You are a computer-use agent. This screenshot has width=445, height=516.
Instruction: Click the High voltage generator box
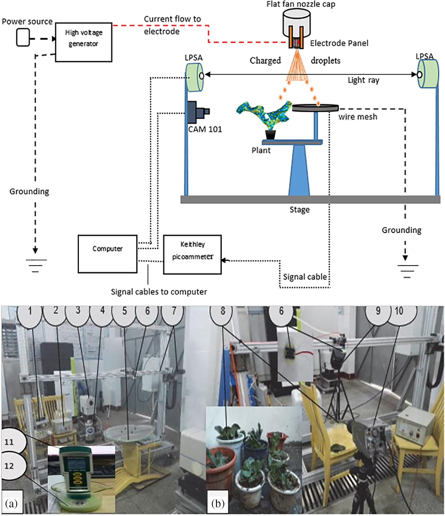click(84, 42)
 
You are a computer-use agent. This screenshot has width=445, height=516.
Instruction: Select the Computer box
click(108, 254)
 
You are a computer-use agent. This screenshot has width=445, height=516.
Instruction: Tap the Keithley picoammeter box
click(192, 254)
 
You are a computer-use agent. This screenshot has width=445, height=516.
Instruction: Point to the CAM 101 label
click(205, 129)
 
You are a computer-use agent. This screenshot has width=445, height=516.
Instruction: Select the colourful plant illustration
click(263, 114)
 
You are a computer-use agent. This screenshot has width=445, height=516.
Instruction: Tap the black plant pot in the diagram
click(270, 135)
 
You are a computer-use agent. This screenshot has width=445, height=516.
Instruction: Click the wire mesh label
click(358, 117)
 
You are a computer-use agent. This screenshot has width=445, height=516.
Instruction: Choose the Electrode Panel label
click(339, 43)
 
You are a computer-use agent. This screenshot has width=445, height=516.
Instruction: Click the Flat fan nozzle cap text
click(301, 4)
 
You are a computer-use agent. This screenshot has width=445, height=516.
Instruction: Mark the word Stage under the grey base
click(299, 210)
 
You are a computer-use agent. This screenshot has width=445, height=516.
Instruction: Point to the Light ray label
click(363, 80)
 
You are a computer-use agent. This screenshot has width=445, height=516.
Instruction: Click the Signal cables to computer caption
click(159, 292)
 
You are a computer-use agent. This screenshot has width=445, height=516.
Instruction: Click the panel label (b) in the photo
click(218, 503)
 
